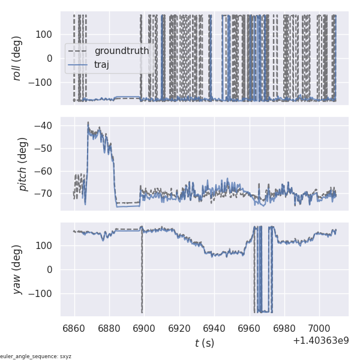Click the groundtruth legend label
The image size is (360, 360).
[122, 51]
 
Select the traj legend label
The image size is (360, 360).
[102, 64]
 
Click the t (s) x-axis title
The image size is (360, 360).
[204, 343]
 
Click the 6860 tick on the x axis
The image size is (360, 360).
[74, 328]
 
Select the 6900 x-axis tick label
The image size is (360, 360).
[144, 328]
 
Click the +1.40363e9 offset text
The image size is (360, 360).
[321, 341]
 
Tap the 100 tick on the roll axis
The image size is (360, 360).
[47, 34]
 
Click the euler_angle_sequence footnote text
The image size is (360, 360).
[36, 356]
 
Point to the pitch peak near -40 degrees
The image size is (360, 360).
[88, 122]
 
